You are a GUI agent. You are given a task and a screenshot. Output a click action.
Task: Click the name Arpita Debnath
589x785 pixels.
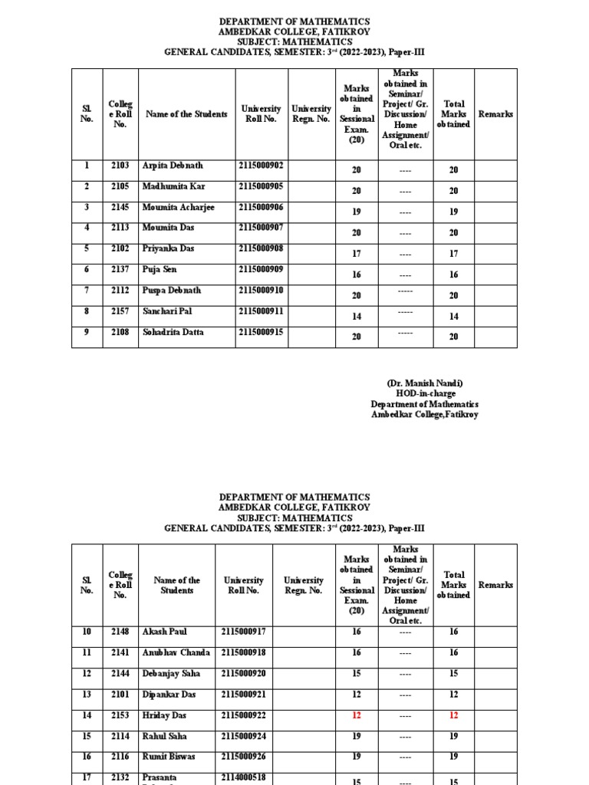pos(173,166)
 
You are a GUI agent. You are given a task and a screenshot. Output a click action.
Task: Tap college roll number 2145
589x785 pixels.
pos(120,208)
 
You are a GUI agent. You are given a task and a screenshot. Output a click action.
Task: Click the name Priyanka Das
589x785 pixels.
pos(168,249)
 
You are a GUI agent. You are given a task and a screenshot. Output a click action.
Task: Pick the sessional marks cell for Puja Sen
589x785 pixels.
pos(356,274)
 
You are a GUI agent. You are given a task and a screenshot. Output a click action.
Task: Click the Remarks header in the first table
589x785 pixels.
pos(495,114)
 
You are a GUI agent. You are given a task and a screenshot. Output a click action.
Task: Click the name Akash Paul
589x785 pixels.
pos(163,632)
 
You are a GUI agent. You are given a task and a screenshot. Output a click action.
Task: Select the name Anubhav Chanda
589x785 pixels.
pos(176,652)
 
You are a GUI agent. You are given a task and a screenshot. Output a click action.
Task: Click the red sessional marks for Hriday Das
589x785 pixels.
pos(356,715)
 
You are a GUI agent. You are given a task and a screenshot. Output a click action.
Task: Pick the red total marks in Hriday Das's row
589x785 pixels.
pos(453,715)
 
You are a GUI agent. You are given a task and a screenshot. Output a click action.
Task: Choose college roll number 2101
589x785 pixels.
pos(120,695)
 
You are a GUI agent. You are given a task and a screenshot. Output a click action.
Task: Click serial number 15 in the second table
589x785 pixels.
pos(87,736)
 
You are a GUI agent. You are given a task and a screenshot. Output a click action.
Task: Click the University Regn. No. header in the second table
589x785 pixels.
pos(303,586)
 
